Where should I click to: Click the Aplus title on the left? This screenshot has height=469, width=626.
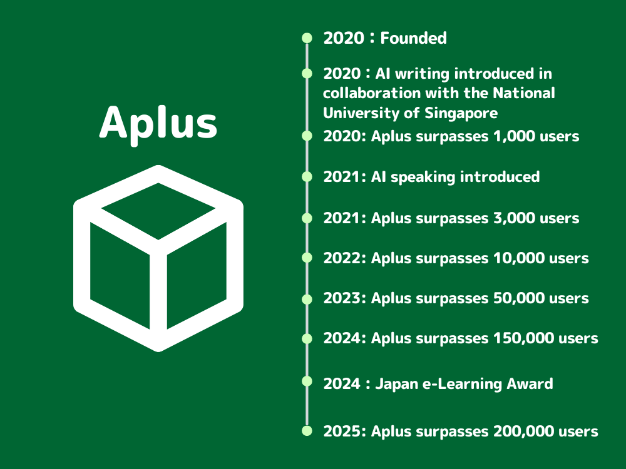pyautogui.click(x=158, y=123)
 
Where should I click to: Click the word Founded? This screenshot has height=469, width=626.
pyautogui.click(x=413, y=38)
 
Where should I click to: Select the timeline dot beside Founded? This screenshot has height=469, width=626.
pyautogui.click(x=307, y=38)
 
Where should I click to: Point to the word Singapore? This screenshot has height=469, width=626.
pyautogui.click(x=461, y=113)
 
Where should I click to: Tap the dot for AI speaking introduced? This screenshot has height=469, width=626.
pyautogui.click(x=307, y=177)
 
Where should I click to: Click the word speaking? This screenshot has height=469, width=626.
pyautogui.click(x=423, y=178)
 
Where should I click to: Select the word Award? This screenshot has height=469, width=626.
pyautogui.click(x=530, y=384)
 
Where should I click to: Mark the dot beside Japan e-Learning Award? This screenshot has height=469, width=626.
pyautogui.click(x=307, y=381)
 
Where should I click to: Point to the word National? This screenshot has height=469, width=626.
pyautogui.click(x=524, y=93)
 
